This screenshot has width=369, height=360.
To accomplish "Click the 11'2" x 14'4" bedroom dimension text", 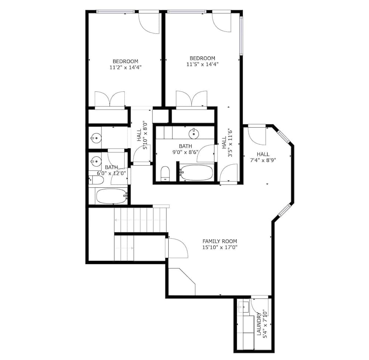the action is coord(125,67).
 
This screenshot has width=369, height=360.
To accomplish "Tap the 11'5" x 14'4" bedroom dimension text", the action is coord(202,64).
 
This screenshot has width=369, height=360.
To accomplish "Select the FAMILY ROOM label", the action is coord(220,241).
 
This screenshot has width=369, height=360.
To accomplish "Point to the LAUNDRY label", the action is coord(259,323).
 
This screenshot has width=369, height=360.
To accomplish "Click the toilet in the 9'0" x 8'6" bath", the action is coord(165,173).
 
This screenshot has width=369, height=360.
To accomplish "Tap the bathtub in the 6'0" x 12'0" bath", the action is coord(112,196).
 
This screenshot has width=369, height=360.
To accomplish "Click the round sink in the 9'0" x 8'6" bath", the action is coord(194,134).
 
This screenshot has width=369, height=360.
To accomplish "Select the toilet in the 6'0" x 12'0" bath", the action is coord(96,180).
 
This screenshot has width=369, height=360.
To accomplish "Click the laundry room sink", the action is coord(244,307).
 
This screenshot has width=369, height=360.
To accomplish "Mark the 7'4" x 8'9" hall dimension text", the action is coord(263,160).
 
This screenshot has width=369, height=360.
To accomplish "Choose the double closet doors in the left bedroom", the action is coord(110,99).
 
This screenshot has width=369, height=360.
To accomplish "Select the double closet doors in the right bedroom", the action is coord(192,99).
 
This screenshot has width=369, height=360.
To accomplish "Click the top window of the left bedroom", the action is coord(115,11).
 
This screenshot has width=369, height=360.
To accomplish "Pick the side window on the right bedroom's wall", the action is coord(241,36).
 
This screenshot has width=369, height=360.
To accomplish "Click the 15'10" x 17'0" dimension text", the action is coord(220,247).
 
